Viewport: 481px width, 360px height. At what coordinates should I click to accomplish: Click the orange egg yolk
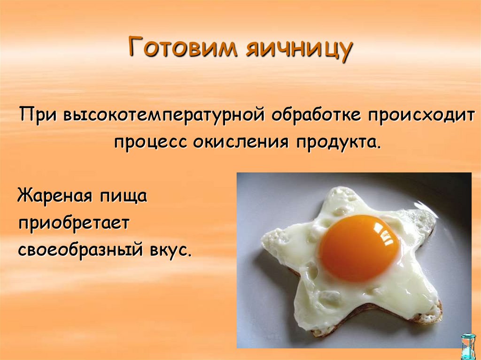click(x=359, y=248)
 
